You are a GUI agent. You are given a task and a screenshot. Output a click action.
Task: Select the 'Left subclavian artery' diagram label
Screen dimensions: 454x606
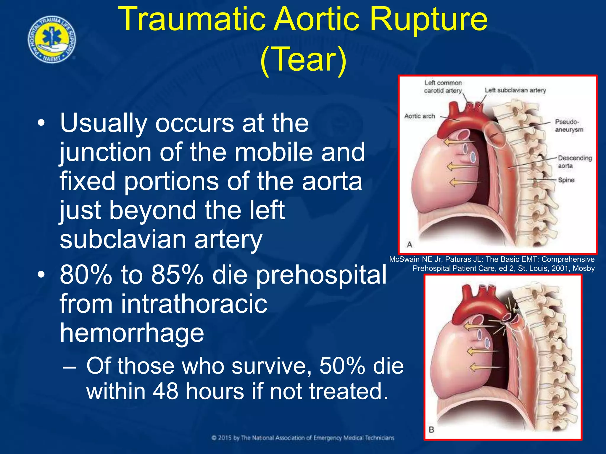(515, 90)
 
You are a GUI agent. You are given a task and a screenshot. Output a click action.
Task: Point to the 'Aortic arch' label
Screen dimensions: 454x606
(420, 116)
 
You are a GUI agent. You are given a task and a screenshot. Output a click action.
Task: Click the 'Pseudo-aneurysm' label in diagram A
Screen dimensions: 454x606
(569, 126)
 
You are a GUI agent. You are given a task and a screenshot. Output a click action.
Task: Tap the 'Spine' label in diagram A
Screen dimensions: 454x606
(566, 180)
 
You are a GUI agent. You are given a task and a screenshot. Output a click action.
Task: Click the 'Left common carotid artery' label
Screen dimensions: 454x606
(443, 87)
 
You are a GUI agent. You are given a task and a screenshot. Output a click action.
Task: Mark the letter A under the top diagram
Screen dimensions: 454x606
(410, 244)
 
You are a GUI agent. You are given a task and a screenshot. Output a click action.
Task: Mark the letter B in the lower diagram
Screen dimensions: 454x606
(431, 429)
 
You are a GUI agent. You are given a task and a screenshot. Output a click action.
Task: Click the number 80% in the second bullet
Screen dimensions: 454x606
(86, 275)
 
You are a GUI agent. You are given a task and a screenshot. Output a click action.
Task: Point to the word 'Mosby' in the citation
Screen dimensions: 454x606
(584, 268)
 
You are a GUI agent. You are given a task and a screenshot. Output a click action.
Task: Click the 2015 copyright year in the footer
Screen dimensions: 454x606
(225, 438)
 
